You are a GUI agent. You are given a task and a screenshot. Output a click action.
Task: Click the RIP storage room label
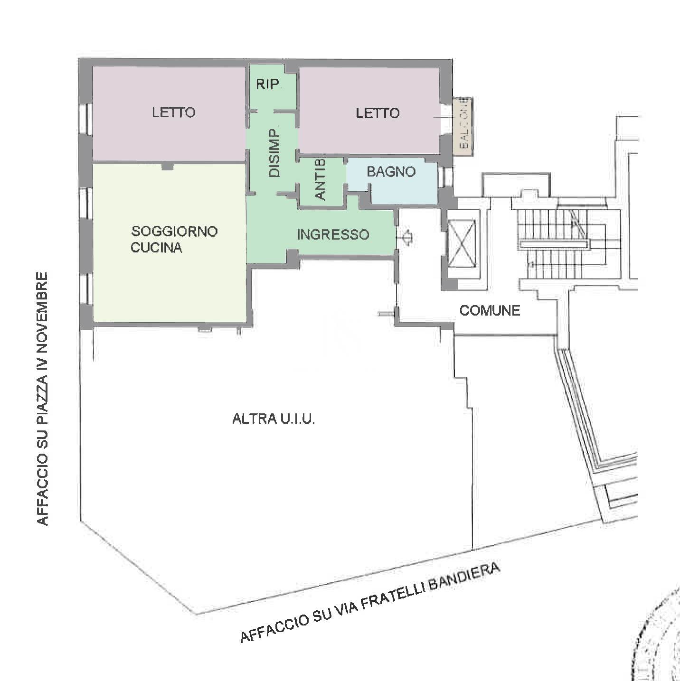(x=267, y=84)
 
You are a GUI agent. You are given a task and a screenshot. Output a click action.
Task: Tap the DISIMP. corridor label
(x=274, y=153)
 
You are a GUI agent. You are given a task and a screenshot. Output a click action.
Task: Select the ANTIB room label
(x=320, y=179)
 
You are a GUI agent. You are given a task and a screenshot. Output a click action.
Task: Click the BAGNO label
(x=391, y=172)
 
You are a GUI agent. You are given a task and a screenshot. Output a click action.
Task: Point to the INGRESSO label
(x=333, y=234)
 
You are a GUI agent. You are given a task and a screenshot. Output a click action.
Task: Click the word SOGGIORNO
(x=174, y=232)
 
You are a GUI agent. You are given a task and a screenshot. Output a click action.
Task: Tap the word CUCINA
(x=156, y=247)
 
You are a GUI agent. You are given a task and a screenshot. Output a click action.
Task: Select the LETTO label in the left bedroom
(x=174, y=112)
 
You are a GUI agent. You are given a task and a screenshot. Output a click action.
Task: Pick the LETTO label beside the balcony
(x=378, y=113)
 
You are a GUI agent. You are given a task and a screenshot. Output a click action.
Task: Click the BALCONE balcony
(x=463, y=125)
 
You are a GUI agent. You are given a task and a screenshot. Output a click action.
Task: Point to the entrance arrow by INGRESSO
(x=407, y=237)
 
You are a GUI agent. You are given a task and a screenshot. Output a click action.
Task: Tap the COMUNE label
(x=490, y=311)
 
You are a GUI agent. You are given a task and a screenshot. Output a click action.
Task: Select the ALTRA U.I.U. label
(x=274, y=419)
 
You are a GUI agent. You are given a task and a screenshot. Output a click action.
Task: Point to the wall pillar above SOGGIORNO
(x=168, y=166)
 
